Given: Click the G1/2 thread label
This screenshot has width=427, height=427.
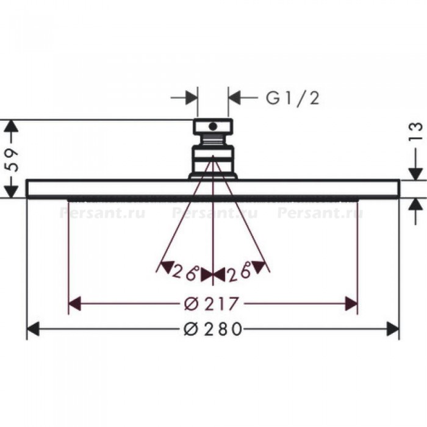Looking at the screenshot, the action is pos(292,98).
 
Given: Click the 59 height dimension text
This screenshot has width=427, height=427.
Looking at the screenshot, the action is pos(12,160).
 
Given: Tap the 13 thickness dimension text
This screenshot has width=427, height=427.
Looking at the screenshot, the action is pos(415,131).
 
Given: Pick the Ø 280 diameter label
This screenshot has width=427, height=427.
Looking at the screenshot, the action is pos(213,329).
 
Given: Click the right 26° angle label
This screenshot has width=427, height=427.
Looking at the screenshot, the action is pos(239,271).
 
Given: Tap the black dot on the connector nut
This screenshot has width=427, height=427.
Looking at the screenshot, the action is pos(213,126).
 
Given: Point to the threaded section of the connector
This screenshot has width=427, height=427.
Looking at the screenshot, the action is pos(213,140).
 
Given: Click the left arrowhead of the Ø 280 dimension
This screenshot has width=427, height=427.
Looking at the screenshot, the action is pos(33,329).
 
